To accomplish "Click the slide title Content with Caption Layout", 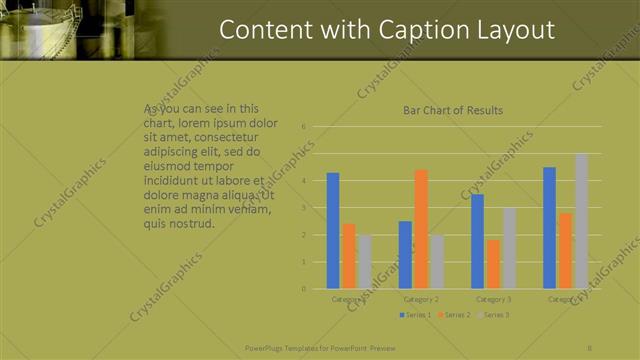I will [x=387, y=30].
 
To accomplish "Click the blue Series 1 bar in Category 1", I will [x=333, y=231].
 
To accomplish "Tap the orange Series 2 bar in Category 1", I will [x=348, y=256].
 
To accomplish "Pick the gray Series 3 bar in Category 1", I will [x=364, y=262].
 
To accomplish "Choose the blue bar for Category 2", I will [x=405, y=255].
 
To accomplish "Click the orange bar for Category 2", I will [x=421, y=229].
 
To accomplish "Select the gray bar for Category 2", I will [x=437, y=262].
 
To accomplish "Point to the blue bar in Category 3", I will [x=478, y=241].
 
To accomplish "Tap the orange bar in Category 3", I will [x=494, y=264].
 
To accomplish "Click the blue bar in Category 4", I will [x=550, y=228].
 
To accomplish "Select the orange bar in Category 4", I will [x=566, y=251].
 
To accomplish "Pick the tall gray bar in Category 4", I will [x=582, y=221].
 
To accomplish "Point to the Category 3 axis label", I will [x=494, y=299].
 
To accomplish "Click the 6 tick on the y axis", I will [x=303, y=127].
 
